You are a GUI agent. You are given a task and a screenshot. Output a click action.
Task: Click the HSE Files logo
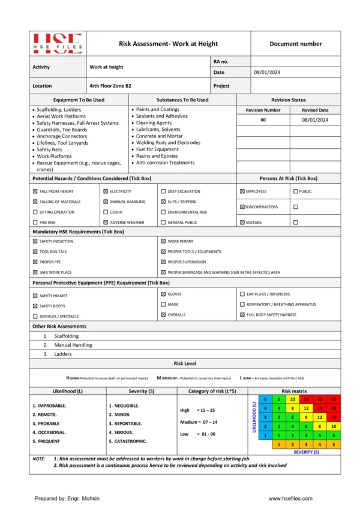click(x=58, y=44)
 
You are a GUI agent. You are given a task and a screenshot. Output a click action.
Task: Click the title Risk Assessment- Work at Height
click(x=168, y=44)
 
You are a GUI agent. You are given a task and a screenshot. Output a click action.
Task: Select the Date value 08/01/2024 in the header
click(x=266, y=73)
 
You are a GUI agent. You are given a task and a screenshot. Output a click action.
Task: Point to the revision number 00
click(x=263, y=120)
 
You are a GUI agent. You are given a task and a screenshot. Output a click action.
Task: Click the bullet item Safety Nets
click(x=50, y=149)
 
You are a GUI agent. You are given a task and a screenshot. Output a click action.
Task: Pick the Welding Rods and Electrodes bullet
click(x=168, y=143)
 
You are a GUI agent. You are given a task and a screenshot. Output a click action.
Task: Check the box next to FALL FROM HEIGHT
click(x=35, y=191)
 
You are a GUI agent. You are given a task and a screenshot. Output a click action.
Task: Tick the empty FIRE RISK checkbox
click(x=35, y=222)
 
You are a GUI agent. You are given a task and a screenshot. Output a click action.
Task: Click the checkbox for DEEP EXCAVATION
click(x=163, y=191)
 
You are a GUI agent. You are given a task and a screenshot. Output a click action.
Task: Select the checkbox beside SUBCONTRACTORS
click(x=242, y=207)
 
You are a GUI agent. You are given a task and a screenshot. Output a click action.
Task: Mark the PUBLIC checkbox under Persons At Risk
click(x=295, y=191)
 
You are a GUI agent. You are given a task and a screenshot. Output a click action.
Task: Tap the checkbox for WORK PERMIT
click(x=163, y=241)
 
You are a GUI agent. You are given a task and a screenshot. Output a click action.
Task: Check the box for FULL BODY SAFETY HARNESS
click(x=242, y=315)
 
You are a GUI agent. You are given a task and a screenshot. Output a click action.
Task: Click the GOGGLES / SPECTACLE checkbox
click(x=35, y=316)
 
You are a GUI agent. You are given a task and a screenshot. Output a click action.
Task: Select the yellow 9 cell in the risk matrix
click(x=305, y=417)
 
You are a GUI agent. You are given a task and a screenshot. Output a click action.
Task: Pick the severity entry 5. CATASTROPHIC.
click(x=127, y=441)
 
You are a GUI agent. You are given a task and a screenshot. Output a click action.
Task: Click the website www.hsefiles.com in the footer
click(x=292, y=498)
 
